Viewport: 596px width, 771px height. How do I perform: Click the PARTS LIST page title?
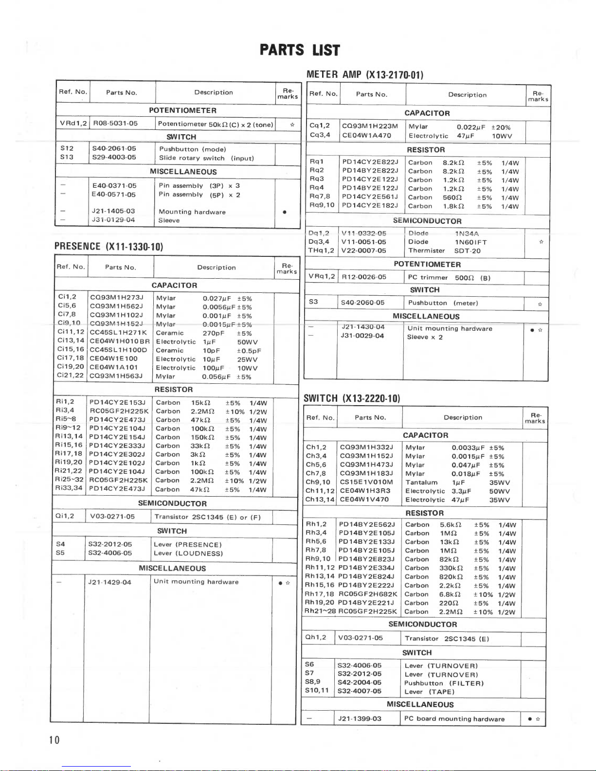click(299, 50)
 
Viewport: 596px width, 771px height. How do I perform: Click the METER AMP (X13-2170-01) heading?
click(365, 74)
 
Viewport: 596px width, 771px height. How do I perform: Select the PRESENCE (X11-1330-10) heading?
click(108, 247)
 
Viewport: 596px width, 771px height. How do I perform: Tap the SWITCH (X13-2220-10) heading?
click(352, 398)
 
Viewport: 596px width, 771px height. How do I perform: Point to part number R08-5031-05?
click(115, 124)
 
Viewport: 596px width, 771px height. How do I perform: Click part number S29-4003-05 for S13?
click(114, 158)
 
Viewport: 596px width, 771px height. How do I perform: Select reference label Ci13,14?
click(71, 341)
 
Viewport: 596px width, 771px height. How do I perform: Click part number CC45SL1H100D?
click(118, 350)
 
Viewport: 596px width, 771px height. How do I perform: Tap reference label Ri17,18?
click(69, 454)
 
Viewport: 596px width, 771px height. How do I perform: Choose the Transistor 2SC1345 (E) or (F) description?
click(208, 517)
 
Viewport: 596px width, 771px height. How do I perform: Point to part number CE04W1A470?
click(366, 136)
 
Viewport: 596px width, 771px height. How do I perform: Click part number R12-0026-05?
click(364, 277)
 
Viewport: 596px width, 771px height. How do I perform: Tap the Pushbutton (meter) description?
click(443, 303)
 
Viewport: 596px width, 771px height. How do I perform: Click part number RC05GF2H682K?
click(368, 594)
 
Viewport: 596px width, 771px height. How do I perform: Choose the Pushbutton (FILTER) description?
click(444, 683)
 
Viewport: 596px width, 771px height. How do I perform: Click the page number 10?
click(54, 740)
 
